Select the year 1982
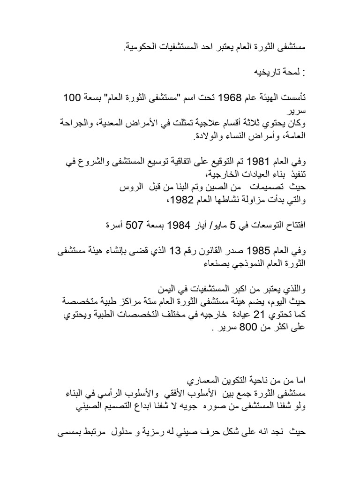click(180, 200)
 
